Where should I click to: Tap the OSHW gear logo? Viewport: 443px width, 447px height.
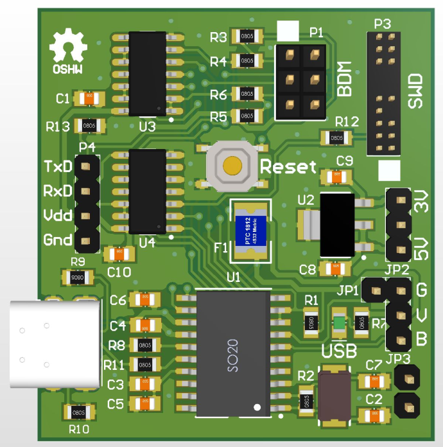pos(68,49)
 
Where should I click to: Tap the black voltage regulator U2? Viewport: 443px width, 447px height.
pos(336,225)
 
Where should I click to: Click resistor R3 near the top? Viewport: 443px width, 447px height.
pos(247,37)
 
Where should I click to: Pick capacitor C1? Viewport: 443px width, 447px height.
pos(89,98)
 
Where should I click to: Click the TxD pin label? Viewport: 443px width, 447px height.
pos(58,167)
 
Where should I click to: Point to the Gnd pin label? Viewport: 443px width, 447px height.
pos(58,241)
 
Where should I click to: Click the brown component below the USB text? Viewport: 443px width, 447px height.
pos(334,397)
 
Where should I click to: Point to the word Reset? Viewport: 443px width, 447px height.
pos(288,168)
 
